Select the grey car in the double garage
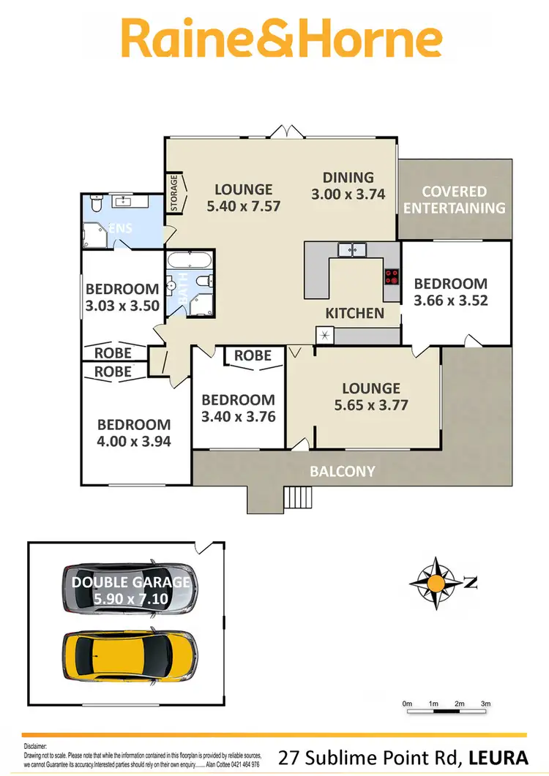(x=130, y=588)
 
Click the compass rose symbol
(x=436, y=582)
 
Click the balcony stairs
(x=299, y=497)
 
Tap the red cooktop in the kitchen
(x=392, y=276)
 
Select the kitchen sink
(x=357, y=249)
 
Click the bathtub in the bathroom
(x=190, y=260)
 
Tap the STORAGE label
(x=174, y=193)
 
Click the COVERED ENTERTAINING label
(x=455, y=199)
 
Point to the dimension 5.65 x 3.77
(x=370, y=404)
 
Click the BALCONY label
(x=343, y=471)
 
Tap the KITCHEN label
(x=355, y=313)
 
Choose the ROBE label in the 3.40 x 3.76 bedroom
(x=253, y=356)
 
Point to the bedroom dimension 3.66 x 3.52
(x=450, y=299)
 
